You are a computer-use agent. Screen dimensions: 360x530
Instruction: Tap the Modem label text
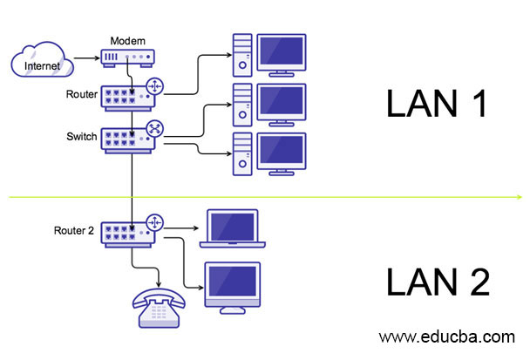(x=128, y=41)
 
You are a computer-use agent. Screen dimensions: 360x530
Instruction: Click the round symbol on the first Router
(x=155, y=85)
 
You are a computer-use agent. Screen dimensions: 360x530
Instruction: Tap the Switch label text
(x=82, y=136)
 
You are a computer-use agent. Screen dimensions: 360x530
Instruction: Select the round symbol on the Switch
(x=155, y=129)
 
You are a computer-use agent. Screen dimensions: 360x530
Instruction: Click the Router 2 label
(x=72, y=231)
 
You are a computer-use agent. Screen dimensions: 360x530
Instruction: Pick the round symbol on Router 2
(x=155, y=223)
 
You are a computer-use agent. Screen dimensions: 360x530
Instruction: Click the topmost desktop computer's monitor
(x=280, y=54)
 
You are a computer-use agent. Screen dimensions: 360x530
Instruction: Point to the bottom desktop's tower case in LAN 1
(x=242, y=153)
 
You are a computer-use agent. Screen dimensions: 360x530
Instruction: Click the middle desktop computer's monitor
(x=280, y=103)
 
